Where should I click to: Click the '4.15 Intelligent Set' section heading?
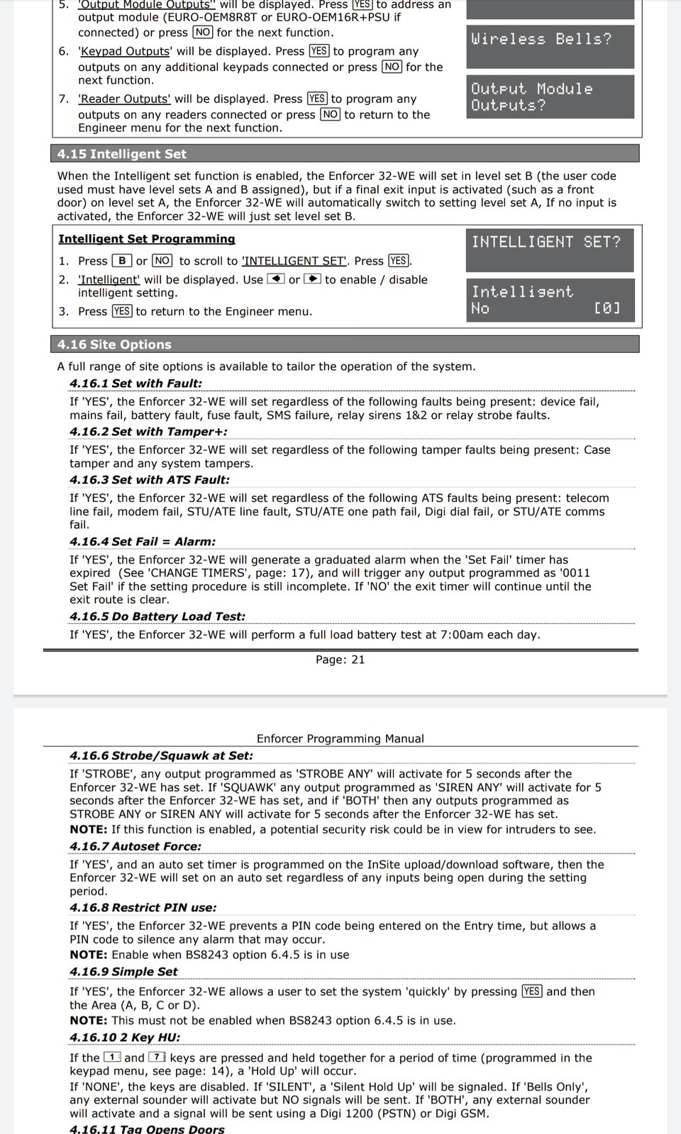coord(121,154)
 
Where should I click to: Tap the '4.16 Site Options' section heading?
coord(114,344)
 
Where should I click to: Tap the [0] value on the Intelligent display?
coord(607,308)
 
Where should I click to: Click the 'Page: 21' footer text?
coord(340,660)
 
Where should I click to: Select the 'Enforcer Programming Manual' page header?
coord(340,739)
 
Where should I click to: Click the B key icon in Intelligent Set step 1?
coord(122,261)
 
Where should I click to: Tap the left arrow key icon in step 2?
coord(275,279)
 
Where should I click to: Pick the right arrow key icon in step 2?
coord(312,279)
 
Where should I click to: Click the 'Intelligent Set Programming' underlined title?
coord(146,240)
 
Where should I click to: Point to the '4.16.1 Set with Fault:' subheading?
coord(135,383)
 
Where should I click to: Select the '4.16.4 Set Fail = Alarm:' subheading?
coord(143,541)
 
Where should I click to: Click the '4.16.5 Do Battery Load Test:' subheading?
coord(157,617)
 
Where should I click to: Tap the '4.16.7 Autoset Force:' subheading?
coord(135,846)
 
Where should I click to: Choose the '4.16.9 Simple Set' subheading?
coord(123,972)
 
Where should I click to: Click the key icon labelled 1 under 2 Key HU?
coord(113,1057)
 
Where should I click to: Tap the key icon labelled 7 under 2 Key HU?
coord(157,1057)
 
